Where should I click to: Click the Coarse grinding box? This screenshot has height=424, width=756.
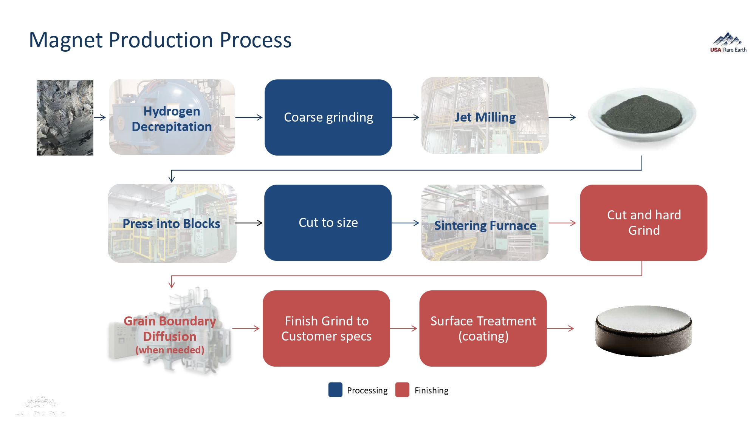point(328,117)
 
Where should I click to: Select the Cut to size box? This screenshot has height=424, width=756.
point(328,223)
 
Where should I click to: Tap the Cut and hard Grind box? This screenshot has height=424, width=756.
point(643,223)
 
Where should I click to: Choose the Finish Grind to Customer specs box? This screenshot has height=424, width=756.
point(326,328)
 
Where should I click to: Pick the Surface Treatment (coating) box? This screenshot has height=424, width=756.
point(483,328)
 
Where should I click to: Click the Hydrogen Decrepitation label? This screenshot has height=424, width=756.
point(172,119)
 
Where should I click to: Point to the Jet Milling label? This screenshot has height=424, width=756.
point(485,117)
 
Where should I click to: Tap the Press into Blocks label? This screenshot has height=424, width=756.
point(171,224)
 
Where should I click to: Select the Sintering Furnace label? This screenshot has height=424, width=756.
point(485,225)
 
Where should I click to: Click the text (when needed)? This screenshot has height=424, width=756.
point(170,350)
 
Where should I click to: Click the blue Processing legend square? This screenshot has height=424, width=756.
point(335,390)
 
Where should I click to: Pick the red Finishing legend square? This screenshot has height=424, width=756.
point(402,390)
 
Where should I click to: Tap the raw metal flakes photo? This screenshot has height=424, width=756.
point(65,117)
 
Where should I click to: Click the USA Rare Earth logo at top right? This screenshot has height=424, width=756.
point(728,43)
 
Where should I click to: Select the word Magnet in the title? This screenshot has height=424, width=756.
point(65,40)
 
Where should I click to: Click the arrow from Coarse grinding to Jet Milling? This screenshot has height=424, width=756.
point(406,117)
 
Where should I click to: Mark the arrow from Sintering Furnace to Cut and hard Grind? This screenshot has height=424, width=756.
point(562,223)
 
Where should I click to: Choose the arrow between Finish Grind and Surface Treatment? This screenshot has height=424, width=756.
point(404,328)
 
